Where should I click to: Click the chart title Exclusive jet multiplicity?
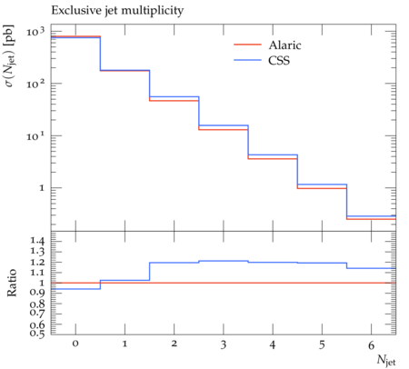coord(117,11)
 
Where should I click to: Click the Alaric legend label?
coord(284,45)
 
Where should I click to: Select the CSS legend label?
coord(279,60)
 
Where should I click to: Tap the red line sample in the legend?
coord(247,45)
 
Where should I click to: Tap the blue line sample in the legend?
coord(247,60)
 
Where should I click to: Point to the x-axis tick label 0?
coord(75,344)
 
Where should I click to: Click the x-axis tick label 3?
coord(224,344)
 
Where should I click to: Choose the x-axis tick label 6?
coord(371,345)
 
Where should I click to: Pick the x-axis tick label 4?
coord(273,344)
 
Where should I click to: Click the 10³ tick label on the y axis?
coord(35,31)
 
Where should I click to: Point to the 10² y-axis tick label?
coord(35,84)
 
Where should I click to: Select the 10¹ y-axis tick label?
coord(35,135)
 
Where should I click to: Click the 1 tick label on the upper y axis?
coord(42,188)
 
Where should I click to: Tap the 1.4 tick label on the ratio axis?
coord(37,241)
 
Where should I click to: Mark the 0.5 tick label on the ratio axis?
coord(37,334)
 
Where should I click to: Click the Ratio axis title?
coord(12,283)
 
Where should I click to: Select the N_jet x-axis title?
coord(386,360)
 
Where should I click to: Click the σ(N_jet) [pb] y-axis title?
coord(10,55)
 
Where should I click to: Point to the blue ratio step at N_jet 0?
coord(75,289)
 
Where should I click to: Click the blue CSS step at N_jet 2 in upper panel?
coord(174,97)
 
